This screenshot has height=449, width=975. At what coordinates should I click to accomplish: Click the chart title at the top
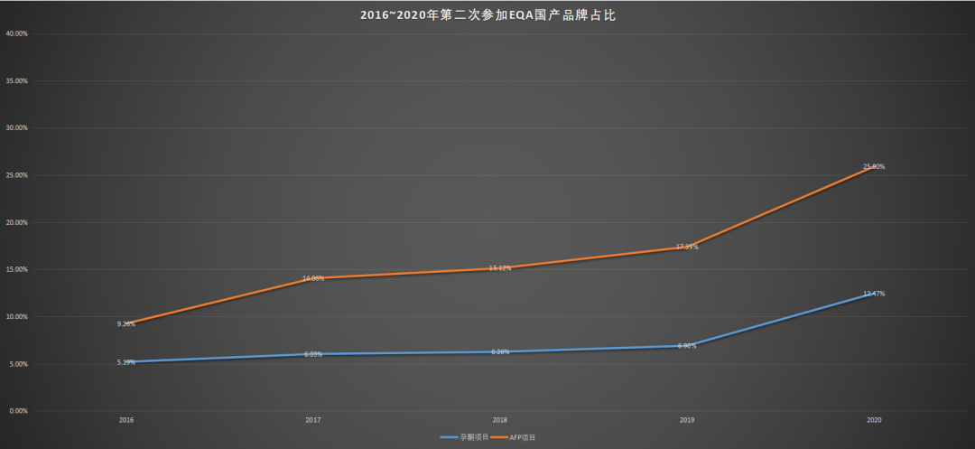pyautogui.click(x=487, y=15)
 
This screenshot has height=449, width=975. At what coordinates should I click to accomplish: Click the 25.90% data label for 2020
pyautogui.click(x=874, y=166)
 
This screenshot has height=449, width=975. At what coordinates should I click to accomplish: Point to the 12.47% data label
pyautogui.click(x=874, y=294)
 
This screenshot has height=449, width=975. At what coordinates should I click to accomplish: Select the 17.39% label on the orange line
pyautogui.click(x=687, y=247)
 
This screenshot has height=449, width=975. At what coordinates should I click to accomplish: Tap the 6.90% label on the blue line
pyautogui.click(x=687, y=346)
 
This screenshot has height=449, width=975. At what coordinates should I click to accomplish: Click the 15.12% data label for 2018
pyautogui.click(x=500, y=268)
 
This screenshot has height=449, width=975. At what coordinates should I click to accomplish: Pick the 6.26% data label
pyautogui.click(x=500, y=351)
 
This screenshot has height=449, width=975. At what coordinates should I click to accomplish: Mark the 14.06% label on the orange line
pyautogui.click(x=313, y=278)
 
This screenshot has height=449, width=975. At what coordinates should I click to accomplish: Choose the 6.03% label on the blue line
pyautogui.click(x=313, y=354)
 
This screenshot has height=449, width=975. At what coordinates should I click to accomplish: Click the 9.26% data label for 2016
pyautogui.click(x=126, y=323)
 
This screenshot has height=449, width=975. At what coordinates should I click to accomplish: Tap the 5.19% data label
pyautogui.click(x=126, y=362)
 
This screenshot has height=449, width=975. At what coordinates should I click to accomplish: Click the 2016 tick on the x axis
pyautogui.click(x=126, y=420)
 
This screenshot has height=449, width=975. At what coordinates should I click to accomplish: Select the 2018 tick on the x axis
pyautogui.click(x=500, y=420)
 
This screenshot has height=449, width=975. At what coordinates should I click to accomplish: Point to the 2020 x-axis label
pyautogui.click(x=874, y=420)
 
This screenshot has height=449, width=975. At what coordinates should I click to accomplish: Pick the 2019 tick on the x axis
pyautogui.click(x=687, y=420)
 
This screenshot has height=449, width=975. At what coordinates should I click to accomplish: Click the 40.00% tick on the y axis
pyautogui.click(x=16, y=33)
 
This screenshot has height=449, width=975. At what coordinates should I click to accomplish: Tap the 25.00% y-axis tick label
pyautogui.click(x=16, y=175)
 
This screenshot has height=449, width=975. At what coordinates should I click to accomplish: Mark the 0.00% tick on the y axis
pyautogui.click(x=18, y=411)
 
